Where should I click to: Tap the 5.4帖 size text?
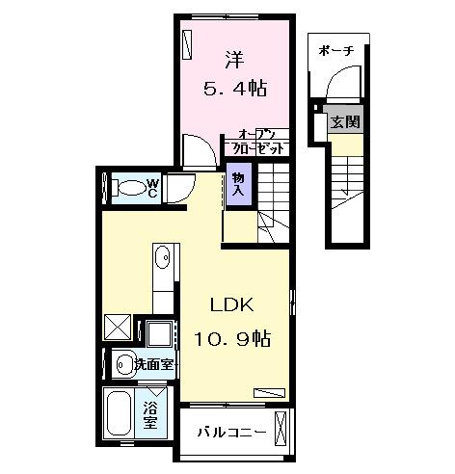point(233,89)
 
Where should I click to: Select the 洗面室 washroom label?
point(153,364)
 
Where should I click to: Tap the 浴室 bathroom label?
point(151,413)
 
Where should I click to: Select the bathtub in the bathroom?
point(118,414)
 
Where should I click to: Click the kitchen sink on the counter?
point(163,257)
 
